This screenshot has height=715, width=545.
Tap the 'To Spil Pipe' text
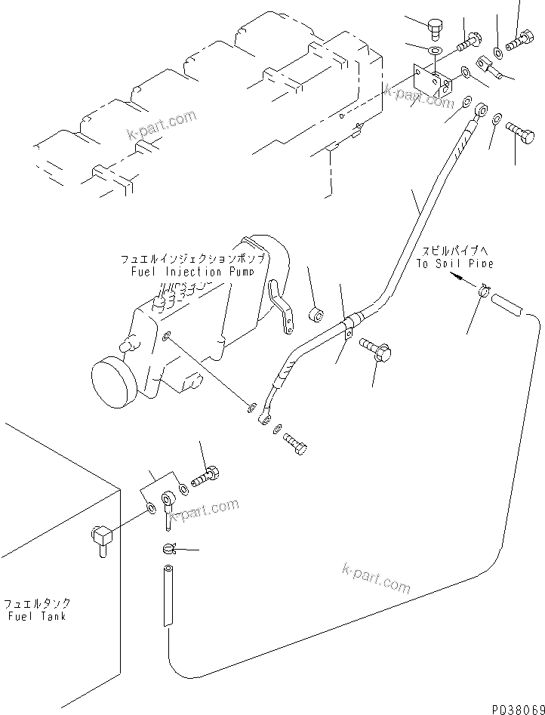pyautogui.click(x=454, y=264)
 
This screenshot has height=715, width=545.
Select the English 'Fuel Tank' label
pyautogui.click(x=35, y=615)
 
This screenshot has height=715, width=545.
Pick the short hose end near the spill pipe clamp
pyautogui.click(x=513, y=306)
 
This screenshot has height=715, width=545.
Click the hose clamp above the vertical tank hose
pyautogui.click(x=168, y=548)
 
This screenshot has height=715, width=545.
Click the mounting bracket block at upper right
pyautogui.click(x=427, y=82)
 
